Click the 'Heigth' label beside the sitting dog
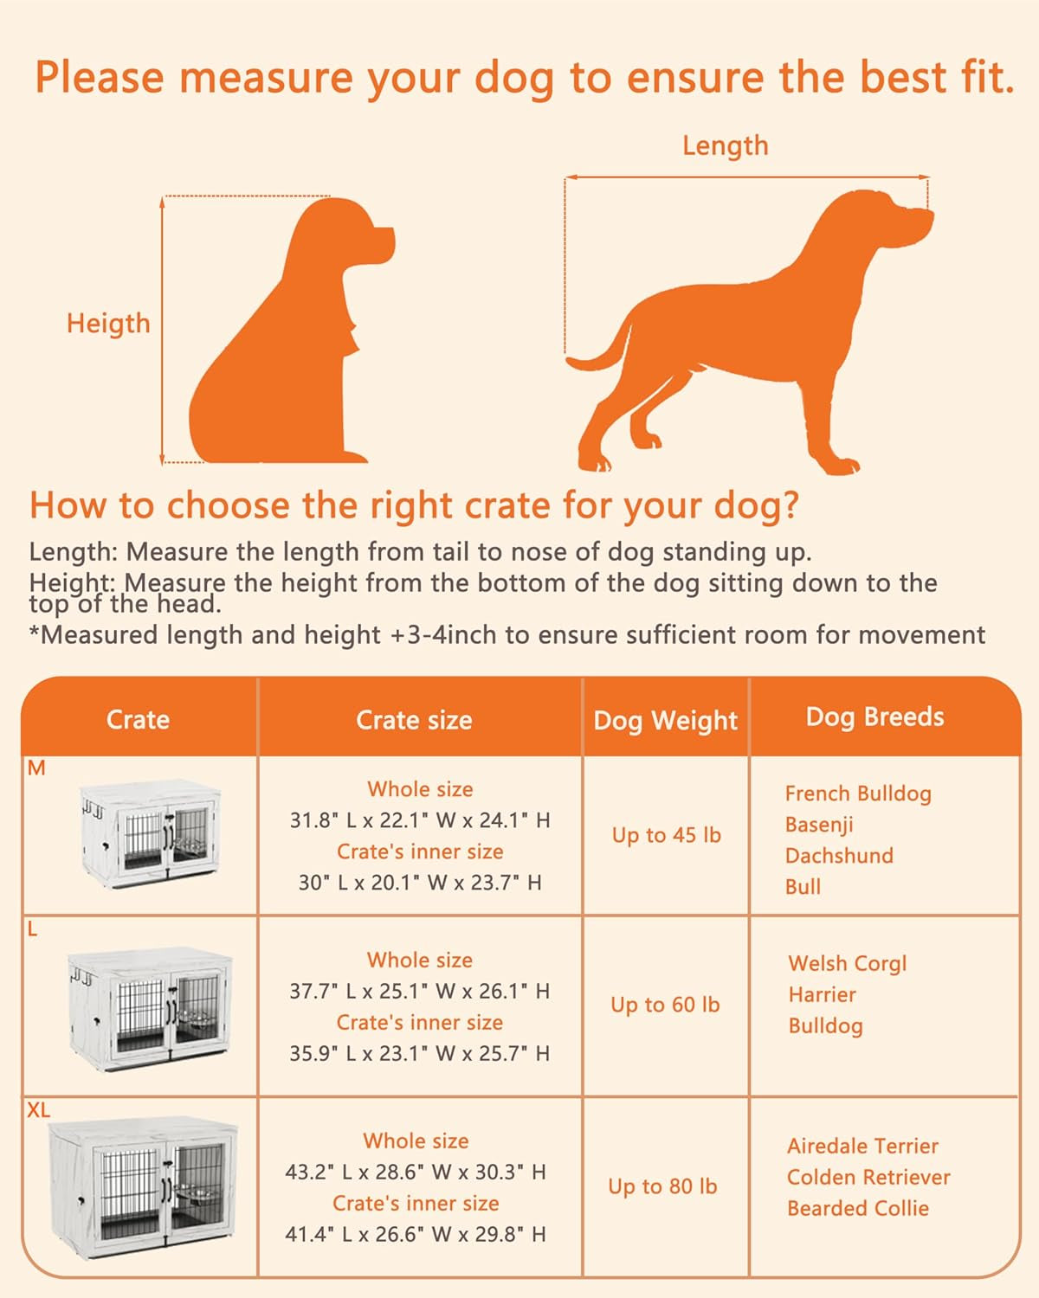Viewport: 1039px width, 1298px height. [x=108, y=324]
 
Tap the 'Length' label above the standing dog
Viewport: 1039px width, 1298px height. [x=725, y=145]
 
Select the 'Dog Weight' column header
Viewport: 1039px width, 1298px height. [x=665, y=720]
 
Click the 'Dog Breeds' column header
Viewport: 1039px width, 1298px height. [x=874, y=716]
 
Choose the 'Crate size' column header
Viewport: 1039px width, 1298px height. [x=414, y=720]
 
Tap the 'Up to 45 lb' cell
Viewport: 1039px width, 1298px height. [x=666, y=835]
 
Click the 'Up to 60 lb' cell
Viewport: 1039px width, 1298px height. [x=665, y=1005]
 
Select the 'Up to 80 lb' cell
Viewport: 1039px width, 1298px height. [x=662, y=1186]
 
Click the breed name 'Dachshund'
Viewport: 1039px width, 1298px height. [x=838, y=856]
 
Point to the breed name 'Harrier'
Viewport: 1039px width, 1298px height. [x=822, y=995]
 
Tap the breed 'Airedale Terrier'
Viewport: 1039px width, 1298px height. [x=862, y=1147]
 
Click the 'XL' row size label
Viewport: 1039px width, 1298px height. [x=38, y=1110]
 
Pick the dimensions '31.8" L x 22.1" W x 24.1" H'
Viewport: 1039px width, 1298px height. [x=420, y=820]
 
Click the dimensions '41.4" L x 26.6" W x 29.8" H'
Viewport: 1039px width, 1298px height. [x=416, y=1235]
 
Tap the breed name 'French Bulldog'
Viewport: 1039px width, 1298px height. [x=858, y=794]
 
